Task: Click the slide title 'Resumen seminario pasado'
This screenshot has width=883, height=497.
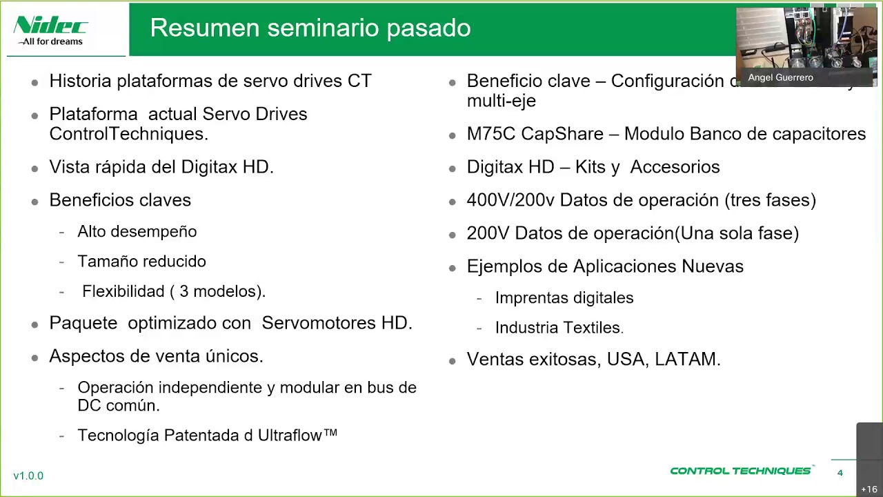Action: click(x=310, y=28)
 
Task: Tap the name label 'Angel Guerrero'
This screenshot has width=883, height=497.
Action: click(x=780, y=77)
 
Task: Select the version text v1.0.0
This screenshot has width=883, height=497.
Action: click(x=28, y=476)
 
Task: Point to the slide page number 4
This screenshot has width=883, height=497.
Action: click(x=840, y=473)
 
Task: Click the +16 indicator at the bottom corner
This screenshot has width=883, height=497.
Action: click(x=869, y=489)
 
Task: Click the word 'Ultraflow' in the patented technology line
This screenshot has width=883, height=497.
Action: click(x=290, y=435)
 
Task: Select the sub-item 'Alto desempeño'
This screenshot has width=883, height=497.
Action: click(x=137, y=232)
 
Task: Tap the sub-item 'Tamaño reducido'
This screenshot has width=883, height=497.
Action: click(x=141, y=262)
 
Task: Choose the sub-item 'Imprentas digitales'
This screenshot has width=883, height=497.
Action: click(x=564, y=298)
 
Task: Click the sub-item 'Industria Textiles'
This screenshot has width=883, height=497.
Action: click(x=558, y=328)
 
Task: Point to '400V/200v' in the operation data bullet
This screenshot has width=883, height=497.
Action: click(x=510, y=200)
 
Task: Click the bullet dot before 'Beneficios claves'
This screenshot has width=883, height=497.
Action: click(x=35, y=202)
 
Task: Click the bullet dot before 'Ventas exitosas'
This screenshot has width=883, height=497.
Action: click(x=453, y=361)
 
